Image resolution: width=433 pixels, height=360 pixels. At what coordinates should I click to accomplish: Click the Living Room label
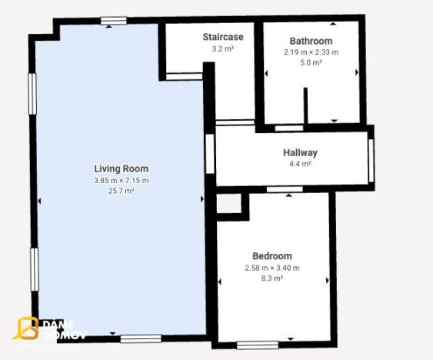click(x=121, y=168)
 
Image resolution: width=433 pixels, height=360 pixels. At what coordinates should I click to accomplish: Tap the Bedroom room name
click(x=272, y=256)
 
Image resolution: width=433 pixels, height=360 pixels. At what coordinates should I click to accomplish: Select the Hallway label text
click(x=300, y=152)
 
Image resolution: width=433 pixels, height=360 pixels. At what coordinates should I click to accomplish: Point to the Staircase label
click(x=222, y=37)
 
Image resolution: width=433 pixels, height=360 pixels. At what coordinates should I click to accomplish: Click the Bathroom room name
click(x=311, y=41)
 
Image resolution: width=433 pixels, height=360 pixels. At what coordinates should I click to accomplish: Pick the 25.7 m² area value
click(x=121, y=191)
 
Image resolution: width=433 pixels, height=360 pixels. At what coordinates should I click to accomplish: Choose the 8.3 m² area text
click(x=272, y=278)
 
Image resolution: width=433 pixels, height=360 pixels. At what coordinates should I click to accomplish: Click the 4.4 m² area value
click(x=300, y=164)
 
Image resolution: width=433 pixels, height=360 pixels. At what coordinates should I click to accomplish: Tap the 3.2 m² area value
click(x=222, y=48)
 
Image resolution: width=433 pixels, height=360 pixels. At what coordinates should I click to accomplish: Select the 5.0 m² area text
click(x=311, y=63)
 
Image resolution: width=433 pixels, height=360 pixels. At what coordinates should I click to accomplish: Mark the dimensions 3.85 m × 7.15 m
click(x=121, y=180)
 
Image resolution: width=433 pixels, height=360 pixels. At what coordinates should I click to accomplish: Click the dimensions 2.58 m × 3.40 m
click(x=272, y=268)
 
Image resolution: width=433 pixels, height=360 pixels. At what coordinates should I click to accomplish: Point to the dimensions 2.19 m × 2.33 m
click(x=311, y=52)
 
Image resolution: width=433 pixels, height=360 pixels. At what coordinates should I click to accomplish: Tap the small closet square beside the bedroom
click(x=228, y=203)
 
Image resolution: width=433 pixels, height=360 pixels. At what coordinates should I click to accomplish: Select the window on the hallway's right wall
click(x=371, y=160)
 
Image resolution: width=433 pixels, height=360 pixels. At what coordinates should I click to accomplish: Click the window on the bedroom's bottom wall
click(x=258, y=345)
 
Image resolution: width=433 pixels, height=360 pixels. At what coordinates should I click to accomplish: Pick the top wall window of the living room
click(x=113, y=21)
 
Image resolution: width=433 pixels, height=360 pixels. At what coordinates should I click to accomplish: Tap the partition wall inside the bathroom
click(x=305, y=105)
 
